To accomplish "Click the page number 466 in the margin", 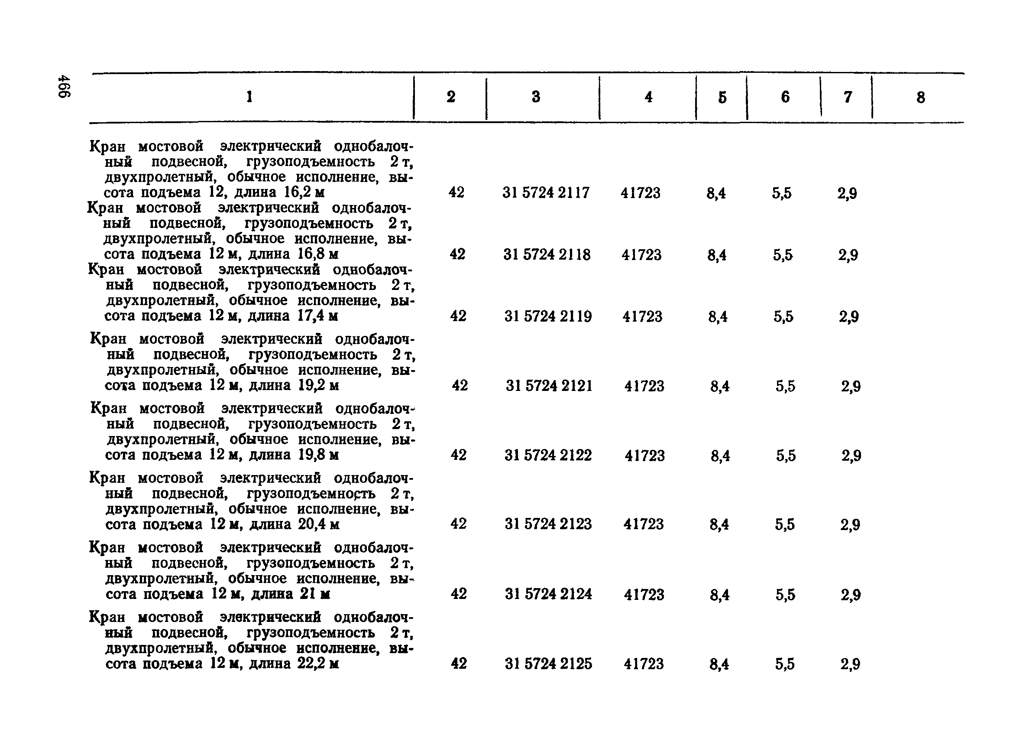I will click(x=64, y=87).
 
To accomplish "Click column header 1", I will click(x=249, y=97).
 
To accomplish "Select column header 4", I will click(x=649, y=97).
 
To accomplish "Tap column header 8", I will click(x=921, y=98).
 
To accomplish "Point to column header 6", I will click(x=785, y=97).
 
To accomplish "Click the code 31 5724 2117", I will click(x=546, y=193).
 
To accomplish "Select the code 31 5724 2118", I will click(x=547, y=255).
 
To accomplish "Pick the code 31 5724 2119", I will click(x=548, y=316).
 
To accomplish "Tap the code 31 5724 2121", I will click(x=549, y=386).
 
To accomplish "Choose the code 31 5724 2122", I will click(x=548, y=455).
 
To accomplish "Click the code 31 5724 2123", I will click(x=548, y=524).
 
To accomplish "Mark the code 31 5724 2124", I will click(x=548, y=594).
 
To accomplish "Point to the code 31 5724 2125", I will click(x=548, y=664).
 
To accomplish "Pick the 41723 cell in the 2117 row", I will click(x=640, y=193).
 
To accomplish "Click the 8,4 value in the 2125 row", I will click(x=719, y=664).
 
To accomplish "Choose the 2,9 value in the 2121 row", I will click(x=851, y=386).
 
